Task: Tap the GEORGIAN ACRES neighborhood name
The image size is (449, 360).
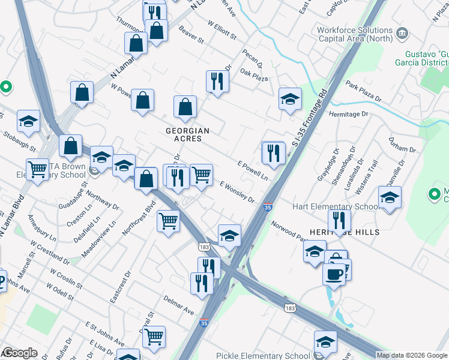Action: (188, 134)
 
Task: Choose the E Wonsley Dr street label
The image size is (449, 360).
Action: (237, 192)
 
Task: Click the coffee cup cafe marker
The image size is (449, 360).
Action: (334, 274)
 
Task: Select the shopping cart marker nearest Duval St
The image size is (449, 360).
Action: (154, 337)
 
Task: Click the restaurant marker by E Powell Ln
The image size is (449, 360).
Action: (274, 153)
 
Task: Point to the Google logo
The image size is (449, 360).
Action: (20, 353)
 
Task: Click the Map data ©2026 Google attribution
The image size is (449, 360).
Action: (412, 355)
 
